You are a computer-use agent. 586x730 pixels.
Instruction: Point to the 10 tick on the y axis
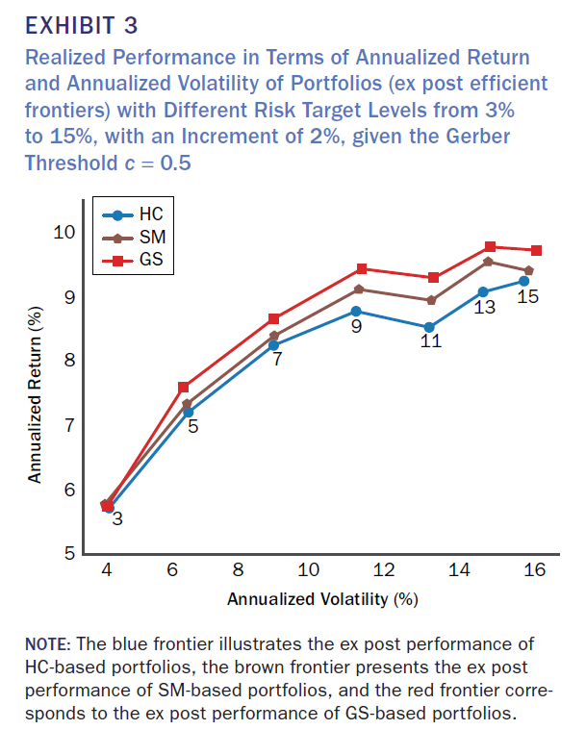(64, 232)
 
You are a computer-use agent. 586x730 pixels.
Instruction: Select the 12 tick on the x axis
(384, 569)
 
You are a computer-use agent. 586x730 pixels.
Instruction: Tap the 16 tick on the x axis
(535, 569)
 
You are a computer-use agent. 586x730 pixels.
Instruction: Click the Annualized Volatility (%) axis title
(322, 599)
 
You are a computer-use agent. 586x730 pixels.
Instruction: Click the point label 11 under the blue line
(431, 341)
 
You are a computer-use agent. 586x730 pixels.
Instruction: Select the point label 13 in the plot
(486, 308)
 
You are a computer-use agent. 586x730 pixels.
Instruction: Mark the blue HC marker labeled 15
(523, 280)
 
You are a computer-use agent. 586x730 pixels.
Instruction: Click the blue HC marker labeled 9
(356, 311)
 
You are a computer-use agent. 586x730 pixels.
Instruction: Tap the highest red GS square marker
(491, 247)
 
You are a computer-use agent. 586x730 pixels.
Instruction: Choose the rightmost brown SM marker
(529, 270)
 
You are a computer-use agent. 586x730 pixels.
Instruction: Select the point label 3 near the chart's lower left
(116, 519)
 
